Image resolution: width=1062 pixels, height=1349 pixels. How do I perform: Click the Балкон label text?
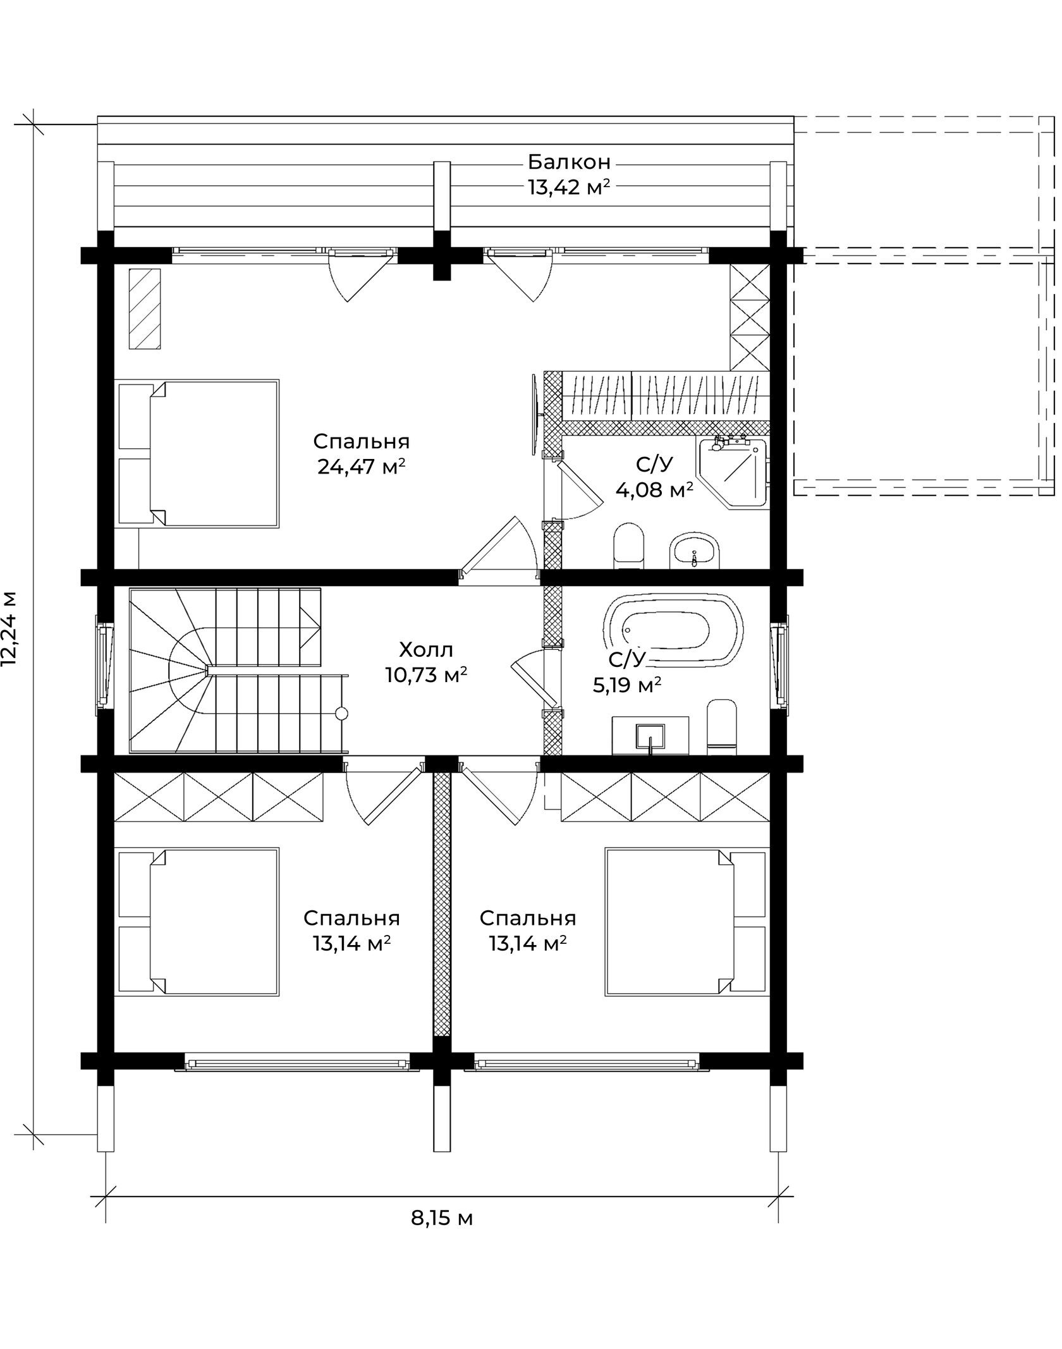[x=570, y=162]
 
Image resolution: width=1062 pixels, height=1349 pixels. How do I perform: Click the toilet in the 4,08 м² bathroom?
[x=628, y=546]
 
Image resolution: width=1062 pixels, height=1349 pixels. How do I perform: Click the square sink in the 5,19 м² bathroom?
[x=650, y=736]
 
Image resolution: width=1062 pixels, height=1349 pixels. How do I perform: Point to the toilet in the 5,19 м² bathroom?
[x=722, y=727]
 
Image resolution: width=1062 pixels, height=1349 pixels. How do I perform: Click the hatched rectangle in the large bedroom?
[x=145, y=308]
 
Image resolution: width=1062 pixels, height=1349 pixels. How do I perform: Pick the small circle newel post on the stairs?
[x=341, y=714]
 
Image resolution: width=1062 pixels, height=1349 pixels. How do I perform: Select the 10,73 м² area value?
[x=426, y=675]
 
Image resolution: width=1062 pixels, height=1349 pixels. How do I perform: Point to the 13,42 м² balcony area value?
[x=569, y=188]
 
